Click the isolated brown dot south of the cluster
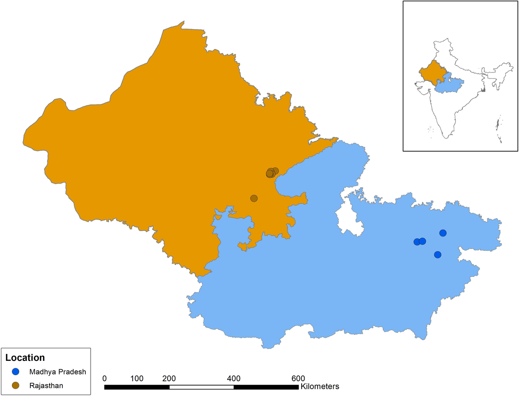(254, 198)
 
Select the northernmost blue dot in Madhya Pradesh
(443, 233)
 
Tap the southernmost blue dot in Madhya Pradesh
(438, 254)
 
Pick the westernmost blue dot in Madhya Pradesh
(417, 242)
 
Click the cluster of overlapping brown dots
(270, 173)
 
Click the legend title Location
(25, 358)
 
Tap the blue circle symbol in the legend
(16, 372)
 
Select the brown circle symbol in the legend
(16, 385)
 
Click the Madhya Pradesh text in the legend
(58, 372)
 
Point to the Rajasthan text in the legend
(46, 385)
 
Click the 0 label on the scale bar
(104, 378)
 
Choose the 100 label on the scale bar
(137, 378)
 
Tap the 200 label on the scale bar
(169, 378)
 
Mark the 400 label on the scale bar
(234, 378)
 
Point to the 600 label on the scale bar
(298, 378)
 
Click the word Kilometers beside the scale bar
(319, 386)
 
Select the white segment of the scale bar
(201, 386)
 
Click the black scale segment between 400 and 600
(266, 386)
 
